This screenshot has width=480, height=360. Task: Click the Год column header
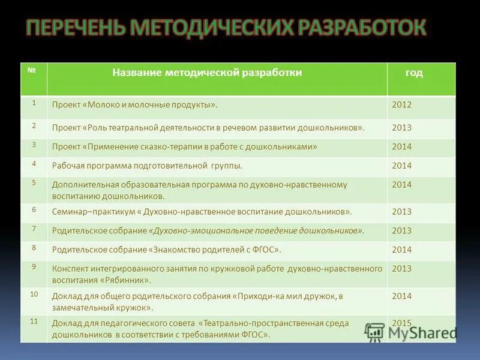pyautogui.click(x=413, y=73)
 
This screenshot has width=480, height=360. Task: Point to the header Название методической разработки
pyautogui.click(x=207, y=73)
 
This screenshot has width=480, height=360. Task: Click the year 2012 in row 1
pyautogui.click(x=402, y=104)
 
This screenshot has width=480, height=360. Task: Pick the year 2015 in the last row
pyautogui.click(x=402, y=323)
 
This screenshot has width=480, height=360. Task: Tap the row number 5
pyautogui.click(x=34, y=182)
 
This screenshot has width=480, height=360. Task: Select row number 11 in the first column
pyautogui.click(x=34, y=321)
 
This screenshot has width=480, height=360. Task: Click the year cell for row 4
pyautogui.click(x=402, y=166)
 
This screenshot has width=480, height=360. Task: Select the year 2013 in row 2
pyautogui.click(x=402, y=127)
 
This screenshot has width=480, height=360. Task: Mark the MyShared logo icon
pyautogui.click(x=375, y=332)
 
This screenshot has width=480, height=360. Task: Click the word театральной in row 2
pyautogui.click(x=136, y=127)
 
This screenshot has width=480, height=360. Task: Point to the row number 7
pyautogui.click(x=34, y=229)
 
